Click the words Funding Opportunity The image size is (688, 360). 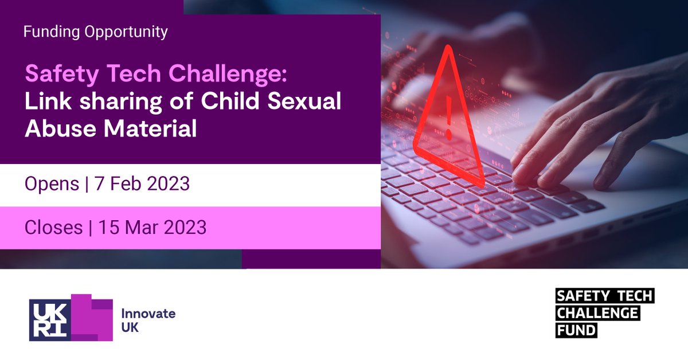click(x=95, y=32)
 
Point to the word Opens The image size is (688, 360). click(x=52, y=184)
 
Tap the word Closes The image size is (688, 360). click(x=53, y=228)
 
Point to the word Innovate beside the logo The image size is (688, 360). click(x=148, y=314)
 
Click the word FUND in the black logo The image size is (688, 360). click(x=576, y=331)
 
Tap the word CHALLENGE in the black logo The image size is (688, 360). click(x=597, y=314)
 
